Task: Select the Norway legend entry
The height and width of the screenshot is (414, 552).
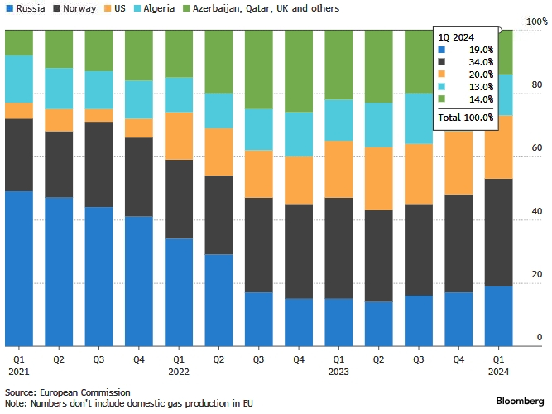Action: click(74, 8)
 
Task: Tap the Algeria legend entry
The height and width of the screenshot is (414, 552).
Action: click(159, 8)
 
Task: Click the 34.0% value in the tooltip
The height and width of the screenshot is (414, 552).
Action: click(481, 62)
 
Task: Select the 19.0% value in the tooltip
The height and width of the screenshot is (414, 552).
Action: click(481, 50)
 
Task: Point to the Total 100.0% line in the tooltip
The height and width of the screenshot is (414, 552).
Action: click(466, 118)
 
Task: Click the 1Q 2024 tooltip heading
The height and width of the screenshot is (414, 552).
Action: click(458, 37)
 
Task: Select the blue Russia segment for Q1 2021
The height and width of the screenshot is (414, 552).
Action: click(18, 268)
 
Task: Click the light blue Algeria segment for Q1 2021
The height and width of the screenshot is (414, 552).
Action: click(18, 79)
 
